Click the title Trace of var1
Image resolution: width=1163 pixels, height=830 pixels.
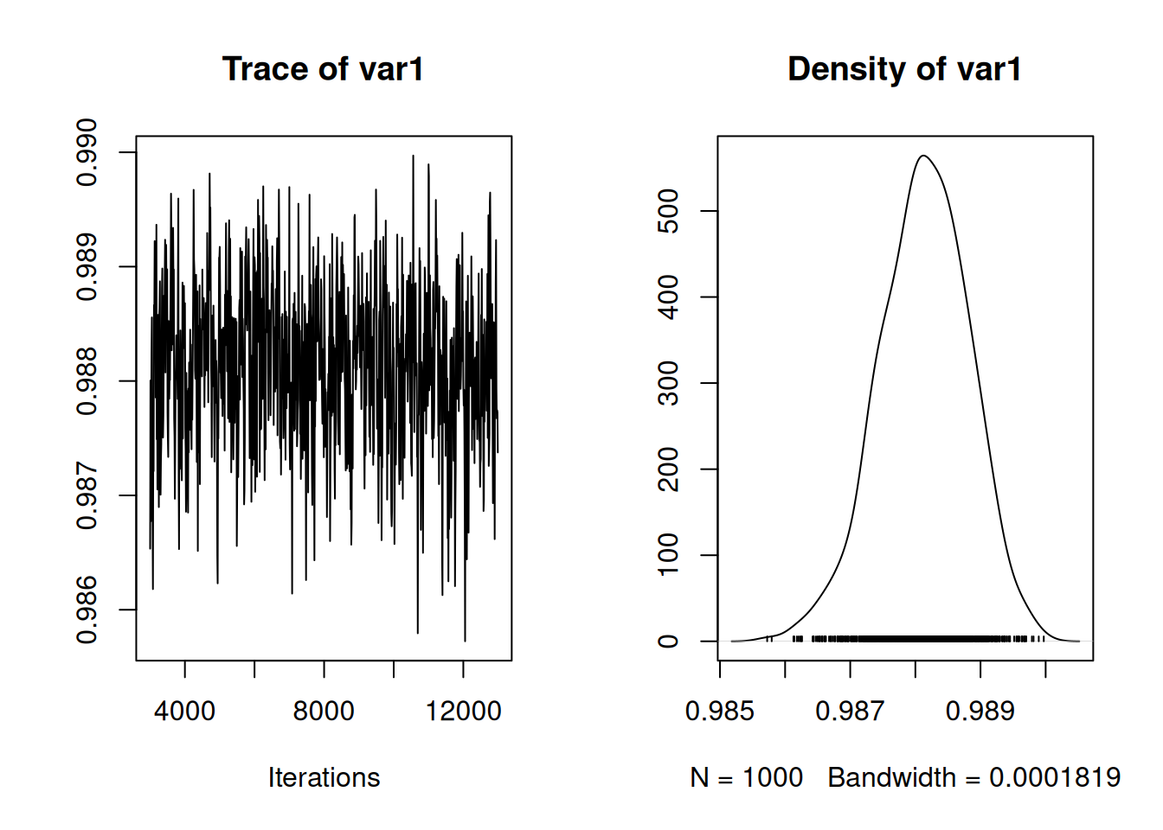(323, 69)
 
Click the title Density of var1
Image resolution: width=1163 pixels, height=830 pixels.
(904, 69)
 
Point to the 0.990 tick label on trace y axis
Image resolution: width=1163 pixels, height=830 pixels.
(87, 153)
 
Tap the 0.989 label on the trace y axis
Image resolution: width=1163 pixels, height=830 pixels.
(87, 267)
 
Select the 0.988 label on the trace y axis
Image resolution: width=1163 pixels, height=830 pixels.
(87, 381)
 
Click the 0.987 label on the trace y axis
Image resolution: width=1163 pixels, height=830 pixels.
(87, 495)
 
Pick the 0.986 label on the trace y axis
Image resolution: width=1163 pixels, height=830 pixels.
(87, 610)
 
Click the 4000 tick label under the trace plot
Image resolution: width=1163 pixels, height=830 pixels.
(184, 711)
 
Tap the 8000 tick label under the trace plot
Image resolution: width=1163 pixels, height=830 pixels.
(324, 711)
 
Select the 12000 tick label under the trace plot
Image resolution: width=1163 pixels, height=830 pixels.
(463, 711)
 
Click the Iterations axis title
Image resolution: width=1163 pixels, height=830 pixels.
(324, 777)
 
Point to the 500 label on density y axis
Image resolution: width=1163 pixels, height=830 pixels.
(669, 211)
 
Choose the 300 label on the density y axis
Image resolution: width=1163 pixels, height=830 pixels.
(669, 383)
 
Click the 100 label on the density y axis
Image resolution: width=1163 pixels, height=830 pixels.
(669, 555)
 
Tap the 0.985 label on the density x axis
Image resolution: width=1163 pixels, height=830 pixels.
(720, 711)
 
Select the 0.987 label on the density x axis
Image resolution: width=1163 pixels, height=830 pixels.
(850, 711)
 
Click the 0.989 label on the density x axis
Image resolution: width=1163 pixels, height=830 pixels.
(980, 711)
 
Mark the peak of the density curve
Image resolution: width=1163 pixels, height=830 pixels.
(923, 156)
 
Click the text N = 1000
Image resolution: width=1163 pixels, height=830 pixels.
(746, 777)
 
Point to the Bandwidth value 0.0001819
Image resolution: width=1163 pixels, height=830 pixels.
(1055, 777)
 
